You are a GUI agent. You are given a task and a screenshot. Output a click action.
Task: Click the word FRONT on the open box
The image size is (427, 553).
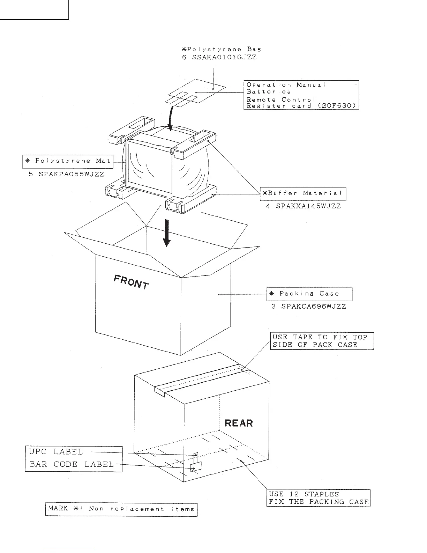point(132,282)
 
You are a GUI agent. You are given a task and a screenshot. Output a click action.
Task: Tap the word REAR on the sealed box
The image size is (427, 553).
point(239,423)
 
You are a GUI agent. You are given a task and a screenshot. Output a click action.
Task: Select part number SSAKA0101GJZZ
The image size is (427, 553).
point(224,57)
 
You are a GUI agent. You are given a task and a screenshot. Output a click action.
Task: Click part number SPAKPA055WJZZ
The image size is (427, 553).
point(66,174)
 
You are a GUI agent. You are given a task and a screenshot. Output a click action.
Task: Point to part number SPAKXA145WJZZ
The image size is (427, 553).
point(303,206)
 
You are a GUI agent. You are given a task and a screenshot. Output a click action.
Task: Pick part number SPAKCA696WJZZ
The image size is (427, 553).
point(309,307)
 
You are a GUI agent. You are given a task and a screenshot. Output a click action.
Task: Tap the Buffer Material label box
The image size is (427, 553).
point(303,193)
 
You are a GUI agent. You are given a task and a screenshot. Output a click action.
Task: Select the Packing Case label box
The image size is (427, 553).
point(309,294)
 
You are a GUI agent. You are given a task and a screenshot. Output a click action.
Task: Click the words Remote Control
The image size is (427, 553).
point(281,99)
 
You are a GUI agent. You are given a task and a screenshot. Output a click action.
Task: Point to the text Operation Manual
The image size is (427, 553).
point(286,85)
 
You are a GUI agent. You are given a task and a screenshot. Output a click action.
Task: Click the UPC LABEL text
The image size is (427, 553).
point(56,452)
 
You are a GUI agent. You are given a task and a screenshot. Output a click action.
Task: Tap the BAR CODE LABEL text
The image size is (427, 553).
point(72,464)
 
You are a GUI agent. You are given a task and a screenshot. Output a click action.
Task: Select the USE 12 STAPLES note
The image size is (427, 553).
point(303,494)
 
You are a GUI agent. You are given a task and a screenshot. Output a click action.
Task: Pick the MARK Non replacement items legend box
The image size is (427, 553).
point(121,509)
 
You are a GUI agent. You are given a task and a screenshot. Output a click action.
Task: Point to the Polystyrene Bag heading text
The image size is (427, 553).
point(221,49)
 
